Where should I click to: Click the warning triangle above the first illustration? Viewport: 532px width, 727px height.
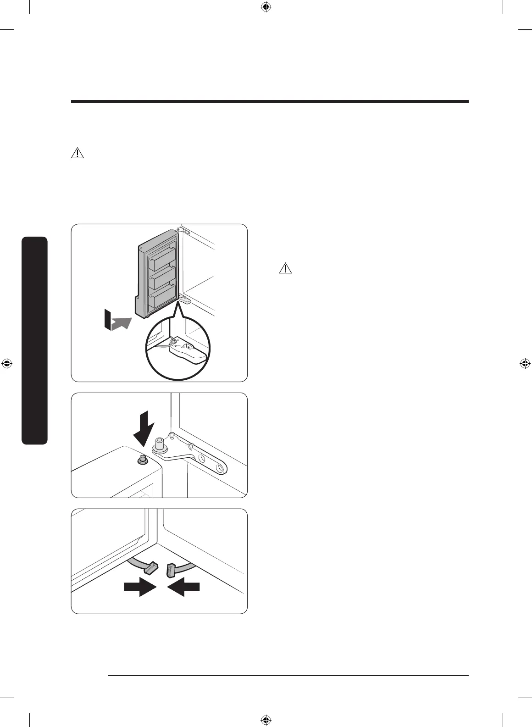pos(78,153)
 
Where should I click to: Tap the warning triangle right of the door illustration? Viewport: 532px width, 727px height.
pos(285,268)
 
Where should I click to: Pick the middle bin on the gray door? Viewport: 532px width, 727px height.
pos(161,278)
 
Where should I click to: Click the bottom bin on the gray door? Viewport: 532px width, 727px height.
pos(161,298)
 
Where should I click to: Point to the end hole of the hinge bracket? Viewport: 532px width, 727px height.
pos(221,468)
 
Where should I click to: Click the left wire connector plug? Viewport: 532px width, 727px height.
pos(150,567)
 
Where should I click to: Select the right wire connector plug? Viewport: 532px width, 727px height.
pos(171,570)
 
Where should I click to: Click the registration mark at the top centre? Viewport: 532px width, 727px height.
pos(266,7)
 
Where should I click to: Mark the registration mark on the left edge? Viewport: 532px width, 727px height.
pos(7,364)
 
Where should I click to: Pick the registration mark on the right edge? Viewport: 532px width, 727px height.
pos(525,364)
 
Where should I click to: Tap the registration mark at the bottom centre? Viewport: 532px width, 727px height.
pos(266,720)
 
